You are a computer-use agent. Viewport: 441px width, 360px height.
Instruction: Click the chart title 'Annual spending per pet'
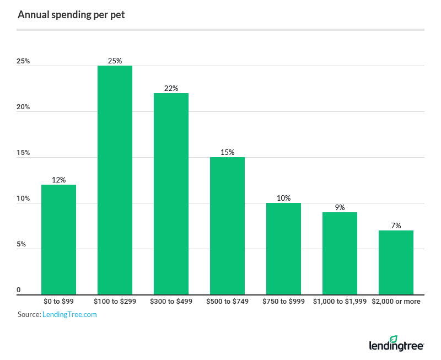71,15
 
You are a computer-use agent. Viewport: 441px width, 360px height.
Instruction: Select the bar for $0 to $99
58,239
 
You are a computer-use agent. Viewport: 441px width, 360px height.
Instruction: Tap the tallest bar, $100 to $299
115,180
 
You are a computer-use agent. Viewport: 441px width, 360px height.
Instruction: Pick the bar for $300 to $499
171,194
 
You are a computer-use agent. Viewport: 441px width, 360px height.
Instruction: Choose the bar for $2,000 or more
396,262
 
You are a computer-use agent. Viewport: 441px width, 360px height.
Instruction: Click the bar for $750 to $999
283,249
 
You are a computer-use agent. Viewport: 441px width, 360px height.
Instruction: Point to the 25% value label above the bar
115,61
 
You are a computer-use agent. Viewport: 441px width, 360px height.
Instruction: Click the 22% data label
171,88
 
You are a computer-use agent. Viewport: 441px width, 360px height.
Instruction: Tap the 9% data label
340,207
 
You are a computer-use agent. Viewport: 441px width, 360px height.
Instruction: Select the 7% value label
396,225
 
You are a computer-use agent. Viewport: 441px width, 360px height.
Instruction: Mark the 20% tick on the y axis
23,107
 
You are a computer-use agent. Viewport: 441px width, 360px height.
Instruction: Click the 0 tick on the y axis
19,290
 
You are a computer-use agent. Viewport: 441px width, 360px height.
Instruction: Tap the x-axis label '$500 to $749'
227,302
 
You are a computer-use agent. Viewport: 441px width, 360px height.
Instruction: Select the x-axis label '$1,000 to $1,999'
340,302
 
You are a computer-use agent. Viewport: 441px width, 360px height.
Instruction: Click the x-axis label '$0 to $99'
58,302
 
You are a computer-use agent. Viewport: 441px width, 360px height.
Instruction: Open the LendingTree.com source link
69,314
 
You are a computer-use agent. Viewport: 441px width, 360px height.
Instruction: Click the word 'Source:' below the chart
29,314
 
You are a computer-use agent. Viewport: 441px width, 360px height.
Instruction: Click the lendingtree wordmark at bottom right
395,346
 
